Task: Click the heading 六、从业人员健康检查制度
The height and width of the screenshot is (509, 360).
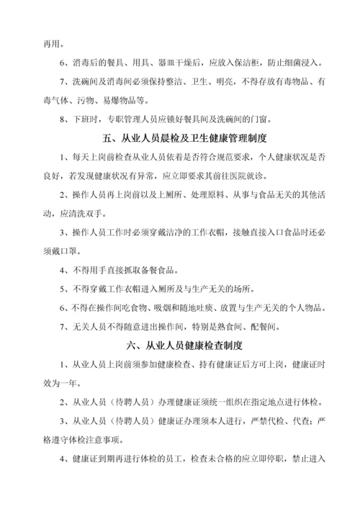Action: point(180,345)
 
